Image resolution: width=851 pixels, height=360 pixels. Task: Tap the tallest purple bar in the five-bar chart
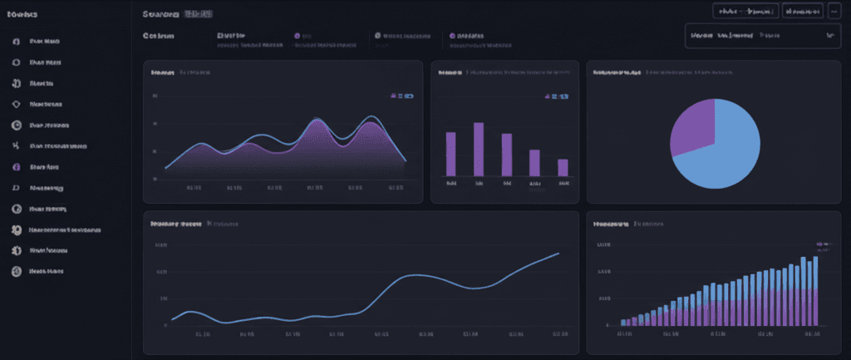click(479, 149)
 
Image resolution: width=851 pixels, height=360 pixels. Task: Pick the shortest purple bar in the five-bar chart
click(563, 167)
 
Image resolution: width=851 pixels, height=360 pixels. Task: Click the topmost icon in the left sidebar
click(16, 41)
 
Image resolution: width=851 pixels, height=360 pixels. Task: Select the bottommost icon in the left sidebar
click(16, 271)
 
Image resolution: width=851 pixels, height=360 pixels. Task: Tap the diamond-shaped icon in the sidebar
click(16, 104)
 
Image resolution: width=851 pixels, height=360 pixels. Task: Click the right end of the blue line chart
click(558, 253)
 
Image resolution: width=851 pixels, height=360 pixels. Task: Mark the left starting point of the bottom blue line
click(172, 319)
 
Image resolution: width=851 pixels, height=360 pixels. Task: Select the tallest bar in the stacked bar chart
click(814, 290)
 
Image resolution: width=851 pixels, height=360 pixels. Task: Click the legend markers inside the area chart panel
click(401, 96)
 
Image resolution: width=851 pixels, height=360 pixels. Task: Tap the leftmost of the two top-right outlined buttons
click(745, 11)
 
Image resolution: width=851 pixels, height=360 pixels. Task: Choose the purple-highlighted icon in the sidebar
click(16, 166)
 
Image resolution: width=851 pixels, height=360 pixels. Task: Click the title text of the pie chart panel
click(616, 72)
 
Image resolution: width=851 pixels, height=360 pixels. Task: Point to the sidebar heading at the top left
click(21, 14)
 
